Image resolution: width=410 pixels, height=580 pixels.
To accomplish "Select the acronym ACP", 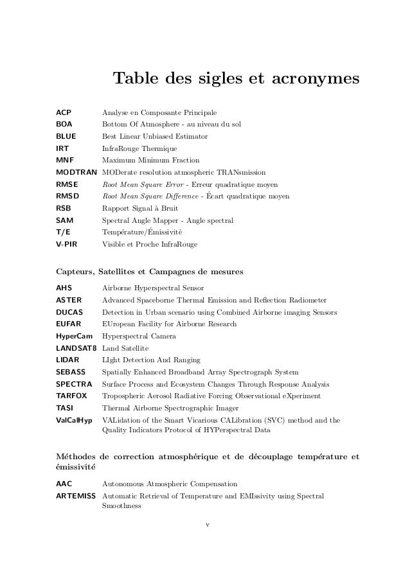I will pyautogui.click(x=64, y=112).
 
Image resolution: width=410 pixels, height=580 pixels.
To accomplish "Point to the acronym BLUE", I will pyautogui.click(x=66, y=136).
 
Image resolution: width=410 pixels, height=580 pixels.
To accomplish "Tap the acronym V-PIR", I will pyautogui.click(x=67, y=244).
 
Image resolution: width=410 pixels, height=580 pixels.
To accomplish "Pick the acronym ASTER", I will pyautogui.click(x=69, y=300).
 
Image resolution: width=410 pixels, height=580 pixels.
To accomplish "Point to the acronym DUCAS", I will pyautogui.click(x=69, y=312).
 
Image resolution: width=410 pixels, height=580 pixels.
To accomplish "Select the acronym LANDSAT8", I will pyautogui.click(x=76, y=347).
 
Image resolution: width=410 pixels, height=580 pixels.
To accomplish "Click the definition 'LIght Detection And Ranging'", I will pyautogui.click(x=152, y=360).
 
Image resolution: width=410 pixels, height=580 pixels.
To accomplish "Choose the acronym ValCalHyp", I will pyautogui.click(x=75, y=420).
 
